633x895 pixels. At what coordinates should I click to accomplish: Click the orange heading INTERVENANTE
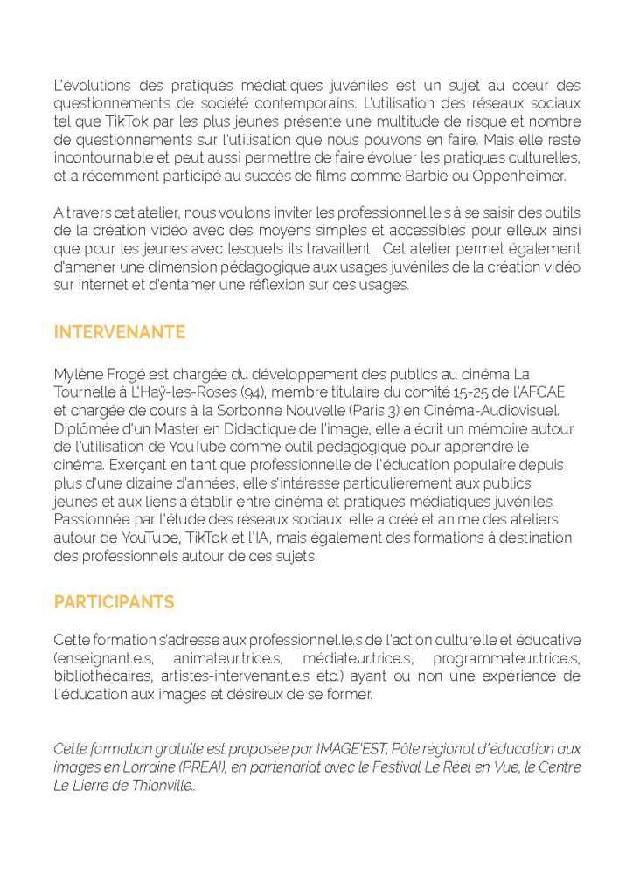(x=119, y=332)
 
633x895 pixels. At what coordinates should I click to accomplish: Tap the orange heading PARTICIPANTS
(x=114, y=602)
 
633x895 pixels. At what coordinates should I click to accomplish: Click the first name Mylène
(x=77, y=374)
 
